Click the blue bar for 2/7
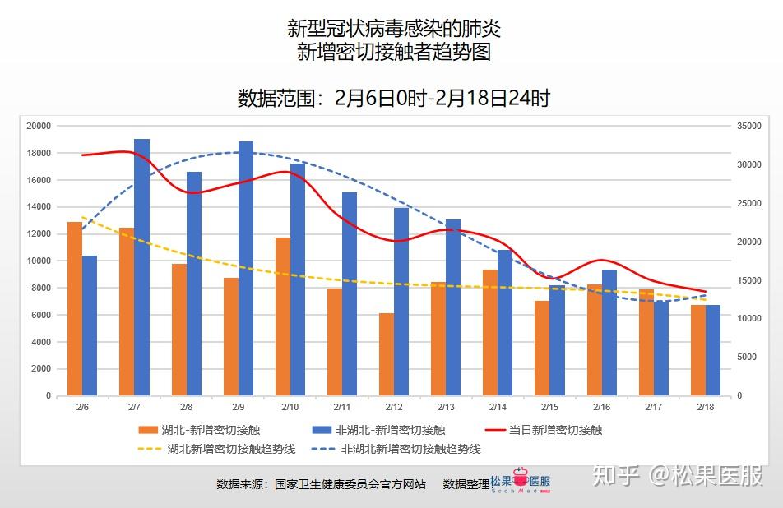click(x=142, y=267)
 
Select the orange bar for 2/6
click(x=75, y=308)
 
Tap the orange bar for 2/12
click(x=387, y=354)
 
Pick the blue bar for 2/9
click(x=246, y=268)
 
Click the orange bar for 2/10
click(x=283, y=316)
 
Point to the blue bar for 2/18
click(x=713, y=350)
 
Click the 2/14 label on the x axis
click(x=498, y=407)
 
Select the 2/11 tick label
click(x=342, y=407)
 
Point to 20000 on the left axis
click(x=39, y=126)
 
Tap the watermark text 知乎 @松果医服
click(x=678, y=476)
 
